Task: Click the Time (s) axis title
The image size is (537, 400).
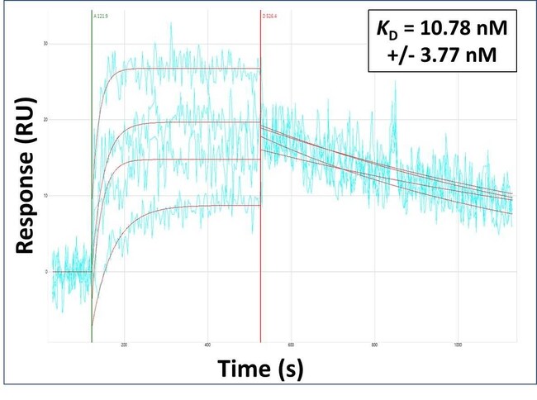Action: click(260, 369)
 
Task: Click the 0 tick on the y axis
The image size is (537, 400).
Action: click(46, 272)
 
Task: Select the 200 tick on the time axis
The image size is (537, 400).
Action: click(124, 345)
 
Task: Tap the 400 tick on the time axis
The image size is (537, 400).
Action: click(207, 345)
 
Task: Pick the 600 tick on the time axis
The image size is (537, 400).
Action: click(291, 345)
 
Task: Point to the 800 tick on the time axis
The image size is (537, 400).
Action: click(374, 345)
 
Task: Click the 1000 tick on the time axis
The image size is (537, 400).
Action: click(458, 345)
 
